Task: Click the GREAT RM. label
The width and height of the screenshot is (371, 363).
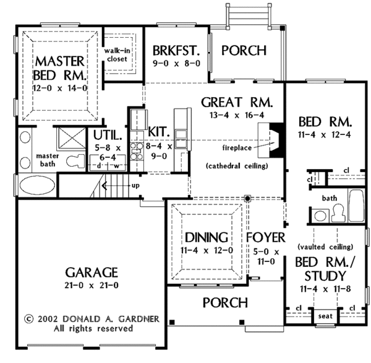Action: [x=237, y=101]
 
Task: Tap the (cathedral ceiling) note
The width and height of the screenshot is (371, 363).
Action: [x=236, y=167]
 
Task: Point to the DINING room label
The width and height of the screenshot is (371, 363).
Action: [x=206, y=238]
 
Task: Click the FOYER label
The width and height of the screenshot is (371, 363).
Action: [x=265, y=238]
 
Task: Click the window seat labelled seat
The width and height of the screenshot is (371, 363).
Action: [x=325, y=317]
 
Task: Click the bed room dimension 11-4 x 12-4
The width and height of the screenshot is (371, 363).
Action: [x=324, y=134]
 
